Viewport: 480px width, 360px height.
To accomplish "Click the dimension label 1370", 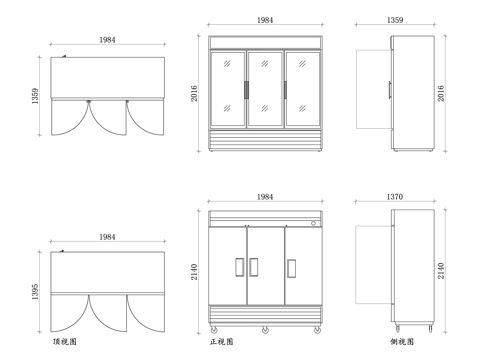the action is [395, 197].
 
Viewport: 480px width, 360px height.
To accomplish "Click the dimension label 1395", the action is [35, 292].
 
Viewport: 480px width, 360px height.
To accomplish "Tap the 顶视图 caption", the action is [65, 342].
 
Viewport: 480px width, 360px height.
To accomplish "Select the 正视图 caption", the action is [221, 342].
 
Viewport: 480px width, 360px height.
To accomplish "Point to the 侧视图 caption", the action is [402, 342].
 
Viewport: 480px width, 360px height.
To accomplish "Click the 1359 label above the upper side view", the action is [395, 20].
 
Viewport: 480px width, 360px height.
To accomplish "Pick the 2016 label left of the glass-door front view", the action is [194, 93].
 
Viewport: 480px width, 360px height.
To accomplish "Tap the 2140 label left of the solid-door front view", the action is [194, 272].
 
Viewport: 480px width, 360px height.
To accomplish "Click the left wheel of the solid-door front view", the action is [214, 330].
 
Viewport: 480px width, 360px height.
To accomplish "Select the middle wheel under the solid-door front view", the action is [265, 330].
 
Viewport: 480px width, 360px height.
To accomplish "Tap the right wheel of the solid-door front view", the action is [317, 330].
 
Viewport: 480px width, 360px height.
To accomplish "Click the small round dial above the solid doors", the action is [313, 223].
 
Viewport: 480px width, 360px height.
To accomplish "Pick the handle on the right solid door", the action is [291, 268].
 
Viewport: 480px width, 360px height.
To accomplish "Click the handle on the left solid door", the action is [239, 267].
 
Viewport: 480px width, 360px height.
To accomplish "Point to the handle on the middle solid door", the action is [254, 267].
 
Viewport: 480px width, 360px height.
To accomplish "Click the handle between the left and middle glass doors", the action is [246, 90].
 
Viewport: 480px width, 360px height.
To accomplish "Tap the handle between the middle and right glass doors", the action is [285, 90].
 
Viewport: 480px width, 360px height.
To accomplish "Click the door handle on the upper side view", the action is [389, 90].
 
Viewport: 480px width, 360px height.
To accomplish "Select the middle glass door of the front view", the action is [265, 89].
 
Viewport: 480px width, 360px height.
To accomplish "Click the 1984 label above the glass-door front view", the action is [265, 20].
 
